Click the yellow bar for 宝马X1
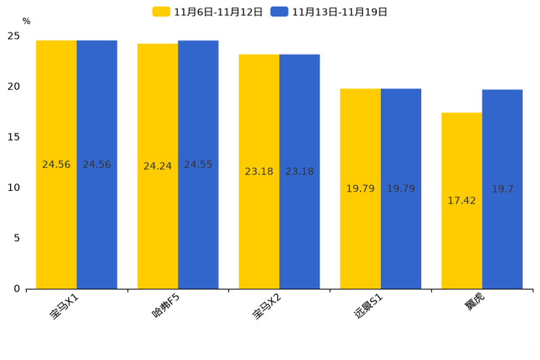57,165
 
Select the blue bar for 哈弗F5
198,165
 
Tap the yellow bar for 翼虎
462,200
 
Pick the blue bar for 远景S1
401,189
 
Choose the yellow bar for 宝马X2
259,171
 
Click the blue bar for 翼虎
502,189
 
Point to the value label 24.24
157,166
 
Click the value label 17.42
462,200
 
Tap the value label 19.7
502,189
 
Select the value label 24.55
198,164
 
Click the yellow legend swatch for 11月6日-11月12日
161,12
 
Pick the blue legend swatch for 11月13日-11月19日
279,12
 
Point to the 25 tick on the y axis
14,36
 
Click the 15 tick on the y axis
14,137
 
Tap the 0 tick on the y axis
17,289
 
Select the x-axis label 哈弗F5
166,306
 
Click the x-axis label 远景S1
368,306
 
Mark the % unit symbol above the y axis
26,21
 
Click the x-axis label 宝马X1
65,306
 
